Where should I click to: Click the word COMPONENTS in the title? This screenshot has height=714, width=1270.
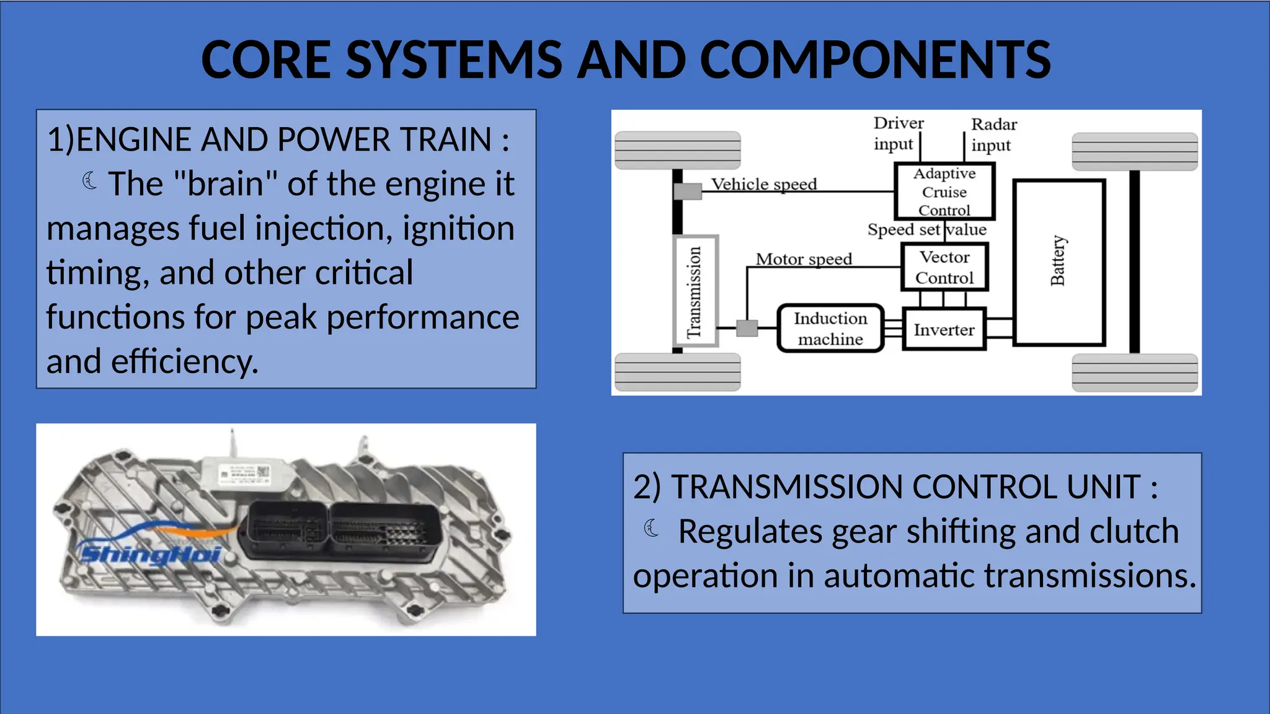875,60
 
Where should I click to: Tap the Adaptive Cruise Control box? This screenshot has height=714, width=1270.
944,192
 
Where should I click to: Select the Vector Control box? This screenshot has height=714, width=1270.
944,267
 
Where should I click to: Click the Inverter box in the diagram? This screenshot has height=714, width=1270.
943,330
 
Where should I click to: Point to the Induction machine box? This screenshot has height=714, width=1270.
830,328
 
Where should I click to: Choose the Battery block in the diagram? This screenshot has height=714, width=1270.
1059,262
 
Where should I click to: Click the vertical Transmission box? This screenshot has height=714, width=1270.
695,291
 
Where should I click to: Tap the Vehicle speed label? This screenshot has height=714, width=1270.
763,184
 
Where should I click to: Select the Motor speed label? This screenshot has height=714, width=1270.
804,259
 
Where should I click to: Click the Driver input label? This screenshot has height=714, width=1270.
897,133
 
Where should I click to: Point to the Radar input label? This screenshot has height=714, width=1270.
993,134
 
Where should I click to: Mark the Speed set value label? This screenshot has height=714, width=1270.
926,230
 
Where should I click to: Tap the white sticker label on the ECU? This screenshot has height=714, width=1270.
246,475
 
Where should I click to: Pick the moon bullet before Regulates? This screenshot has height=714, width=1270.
651,529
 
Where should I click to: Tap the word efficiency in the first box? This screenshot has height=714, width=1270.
184,362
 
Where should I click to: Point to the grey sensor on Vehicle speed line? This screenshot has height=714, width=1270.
687,192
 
